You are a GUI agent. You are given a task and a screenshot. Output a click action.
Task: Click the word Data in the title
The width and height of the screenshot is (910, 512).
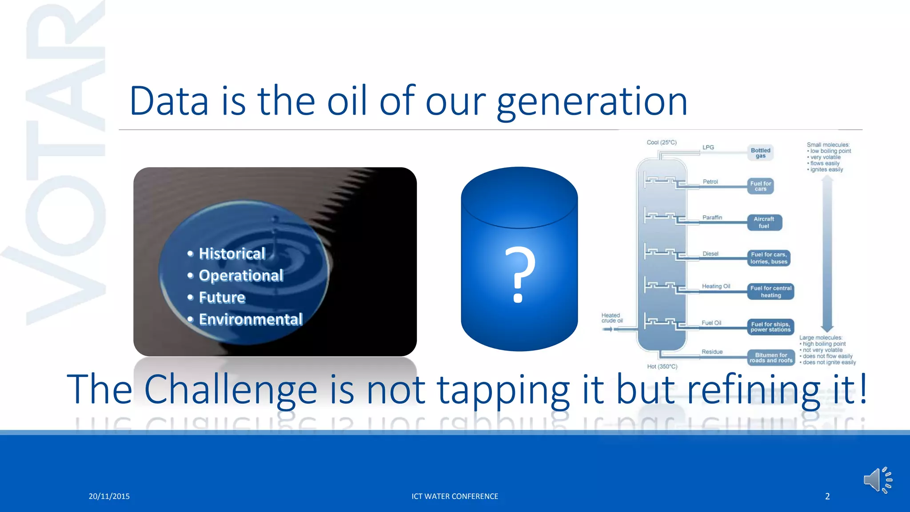pyautogui.click(x=169, y=101)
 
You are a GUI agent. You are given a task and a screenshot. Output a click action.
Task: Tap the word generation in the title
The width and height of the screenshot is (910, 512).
pyautogui.click(x=592, y=102)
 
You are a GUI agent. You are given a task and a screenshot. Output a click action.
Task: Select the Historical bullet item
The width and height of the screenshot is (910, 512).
pyautogui.click(x=231, y=253)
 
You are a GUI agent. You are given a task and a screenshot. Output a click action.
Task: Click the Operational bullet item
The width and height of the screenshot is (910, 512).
pyautogui.click(x=240, y=276)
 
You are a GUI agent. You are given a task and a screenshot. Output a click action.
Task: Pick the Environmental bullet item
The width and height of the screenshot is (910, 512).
pyautogui.click(x=250, y=319)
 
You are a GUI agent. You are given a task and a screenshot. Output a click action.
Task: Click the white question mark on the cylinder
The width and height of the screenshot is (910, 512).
pyautogui.click(x=519, y=275)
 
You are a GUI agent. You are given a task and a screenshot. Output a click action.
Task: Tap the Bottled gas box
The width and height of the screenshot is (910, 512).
pyautogui.click(x=760, y=153)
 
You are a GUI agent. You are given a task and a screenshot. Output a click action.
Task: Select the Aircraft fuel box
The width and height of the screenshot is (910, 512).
pyautogui.click(x=764, y=222)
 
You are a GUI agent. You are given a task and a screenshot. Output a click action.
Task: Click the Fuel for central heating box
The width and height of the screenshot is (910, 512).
pyautogui.click(x=770, y=292)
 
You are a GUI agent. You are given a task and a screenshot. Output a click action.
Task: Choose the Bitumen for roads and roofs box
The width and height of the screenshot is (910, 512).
pyautogui.click(x=771, y=357)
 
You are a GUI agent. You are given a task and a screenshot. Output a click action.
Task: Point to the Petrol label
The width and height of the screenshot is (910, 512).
pyautogui.click(x=710, y=182)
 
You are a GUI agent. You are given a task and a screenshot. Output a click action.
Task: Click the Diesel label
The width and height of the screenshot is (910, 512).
pyautogui.click(x=710, y=254)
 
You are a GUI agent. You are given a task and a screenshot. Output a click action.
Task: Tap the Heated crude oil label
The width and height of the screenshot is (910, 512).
pyautogui.click(x=612, y=318)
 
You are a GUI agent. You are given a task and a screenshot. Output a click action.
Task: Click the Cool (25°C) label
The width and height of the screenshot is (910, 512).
pyautogui.click(x=661, y=143)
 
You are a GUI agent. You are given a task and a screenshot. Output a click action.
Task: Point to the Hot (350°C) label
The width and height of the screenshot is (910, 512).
pyautogui.click(x=662, y=367)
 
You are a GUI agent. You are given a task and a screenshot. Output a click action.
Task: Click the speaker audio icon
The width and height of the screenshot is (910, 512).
pyautogui.click(x=877, y=480)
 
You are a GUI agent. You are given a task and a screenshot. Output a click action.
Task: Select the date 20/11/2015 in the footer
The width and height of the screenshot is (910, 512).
pyautogui.click(x=109, y=496)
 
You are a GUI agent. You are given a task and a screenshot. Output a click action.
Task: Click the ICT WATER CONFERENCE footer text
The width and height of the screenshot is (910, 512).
pyautogui.click(x=455, y=496)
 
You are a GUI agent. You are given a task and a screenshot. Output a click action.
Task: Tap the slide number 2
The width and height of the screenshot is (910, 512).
pyautogui.click(x=827, y=496)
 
